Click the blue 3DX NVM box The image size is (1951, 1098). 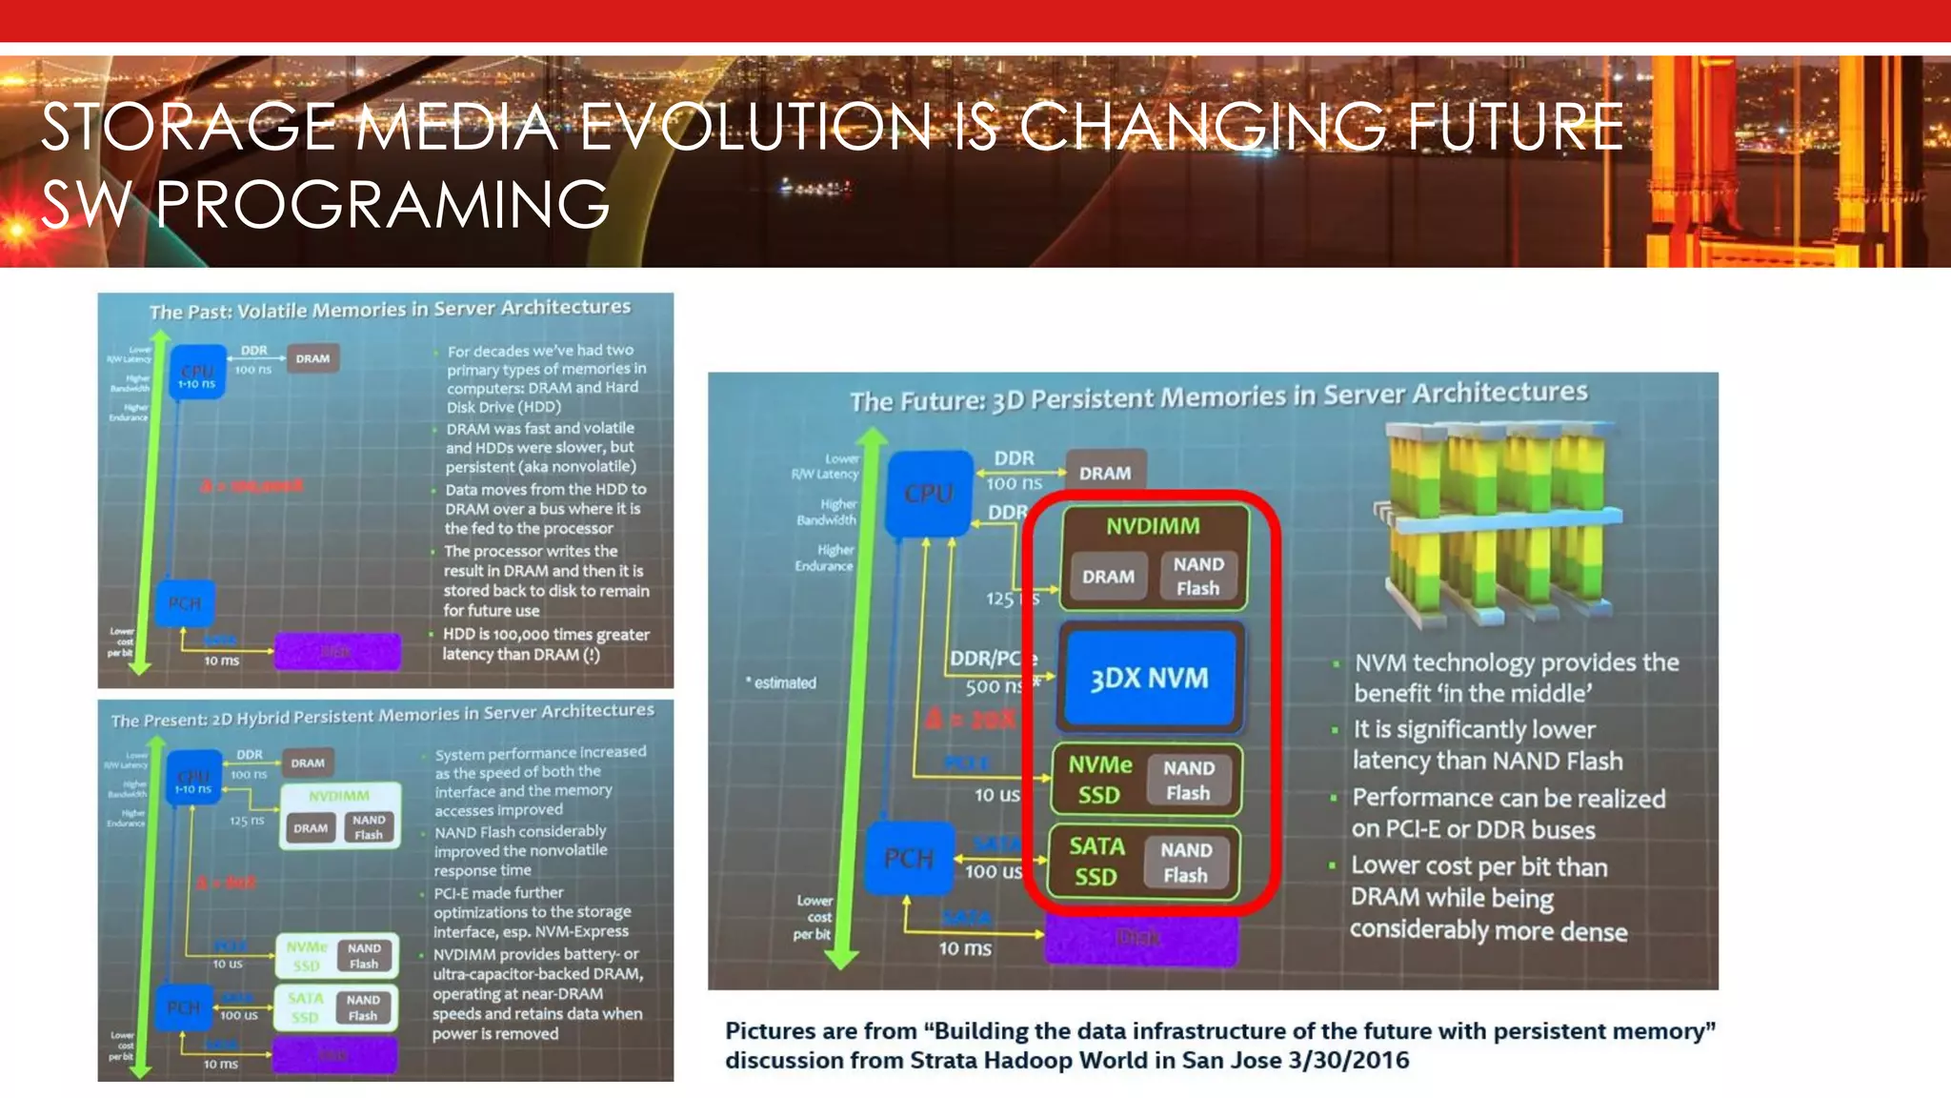(1149, 678)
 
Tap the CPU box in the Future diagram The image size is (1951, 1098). (929, 494)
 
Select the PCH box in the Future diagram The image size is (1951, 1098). (909, 858)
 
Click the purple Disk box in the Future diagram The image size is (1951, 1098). (1140, 939)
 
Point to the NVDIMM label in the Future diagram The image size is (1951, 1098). (1153, 526)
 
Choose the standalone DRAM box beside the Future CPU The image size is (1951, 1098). (1105, 473)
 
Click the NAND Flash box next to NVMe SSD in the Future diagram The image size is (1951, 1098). (1188, 781)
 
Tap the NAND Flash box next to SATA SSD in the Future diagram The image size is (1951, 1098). (1185, 863)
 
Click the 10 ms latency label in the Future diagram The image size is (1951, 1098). (964, 948)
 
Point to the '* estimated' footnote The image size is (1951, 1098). (781, 682)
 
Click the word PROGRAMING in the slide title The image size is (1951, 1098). (381, 204)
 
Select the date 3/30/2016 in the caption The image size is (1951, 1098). (1348, 1061)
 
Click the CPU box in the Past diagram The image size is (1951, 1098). (197, 373)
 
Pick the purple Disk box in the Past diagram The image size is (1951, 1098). (337, 652)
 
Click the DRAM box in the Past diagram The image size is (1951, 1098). (312, 358)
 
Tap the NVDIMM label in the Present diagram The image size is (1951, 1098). (339, 796)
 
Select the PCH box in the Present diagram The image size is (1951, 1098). (184, 1007)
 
